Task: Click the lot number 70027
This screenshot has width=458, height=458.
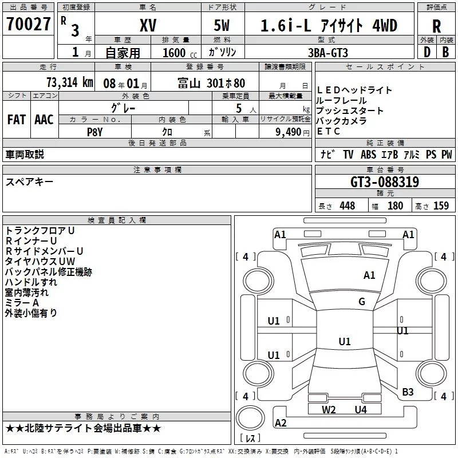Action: (x=28, y=24)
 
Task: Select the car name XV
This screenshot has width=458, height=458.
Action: (x=148, y=25)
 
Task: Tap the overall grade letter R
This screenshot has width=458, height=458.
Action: (x=436, y=26)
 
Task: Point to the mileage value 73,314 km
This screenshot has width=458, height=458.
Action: (x=70, y=82)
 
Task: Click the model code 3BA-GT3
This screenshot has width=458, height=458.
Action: (x=328, y=53)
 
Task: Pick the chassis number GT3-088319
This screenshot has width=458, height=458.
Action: (x=385, y=182)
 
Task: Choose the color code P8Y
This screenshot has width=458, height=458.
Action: (x=94, y=132)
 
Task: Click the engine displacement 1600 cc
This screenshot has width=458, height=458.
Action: (x=180, y=53)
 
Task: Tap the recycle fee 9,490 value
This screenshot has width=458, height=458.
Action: (x=289, y=132)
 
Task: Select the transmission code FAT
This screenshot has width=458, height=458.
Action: (x=17, y=120)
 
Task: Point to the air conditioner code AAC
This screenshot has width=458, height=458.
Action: (x=44, y=120)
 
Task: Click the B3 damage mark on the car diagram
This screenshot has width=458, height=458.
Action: (x=408, y=392)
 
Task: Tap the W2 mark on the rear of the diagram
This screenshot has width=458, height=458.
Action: (x=329, y=410)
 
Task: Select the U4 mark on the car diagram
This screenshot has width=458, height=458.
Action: (x=361, y=410)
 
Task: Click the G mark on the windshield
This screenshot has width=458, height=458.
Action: (x=362, y=302)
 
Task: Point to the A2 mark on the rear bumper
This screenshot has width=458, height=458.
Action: (x=281, y=423)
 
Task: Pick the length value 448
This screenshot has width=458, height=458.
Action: (x=348, y=206)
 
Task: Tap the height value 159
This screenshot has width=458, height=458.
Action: (x=441, y=206)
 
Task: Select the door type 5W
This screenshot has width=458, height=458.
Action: (x=222, y=25)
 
